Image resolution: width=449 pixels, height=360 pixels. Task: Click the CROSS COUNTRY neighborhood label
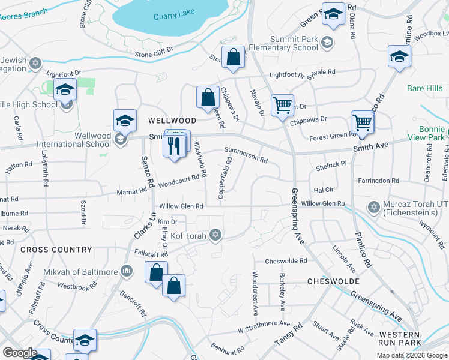[x=56, y=250]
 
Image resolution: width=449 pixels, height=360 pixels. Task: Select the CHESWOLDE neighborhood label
[x=333, y=281]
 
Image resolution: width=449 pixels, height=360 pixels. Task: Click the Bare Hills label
[x=424, y=89]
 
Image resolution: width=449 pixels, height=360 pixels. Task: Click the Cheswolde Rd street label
[x=286, y=261]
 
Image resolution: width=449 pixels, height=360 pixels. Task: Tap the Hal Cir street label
[x=323, y=190]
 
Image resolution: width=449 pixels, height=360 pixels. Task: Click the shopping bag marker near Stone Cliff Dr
[x=233, y=58]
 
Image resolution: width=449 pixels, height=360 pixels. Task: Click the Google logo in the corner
[x=20, y=353]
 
